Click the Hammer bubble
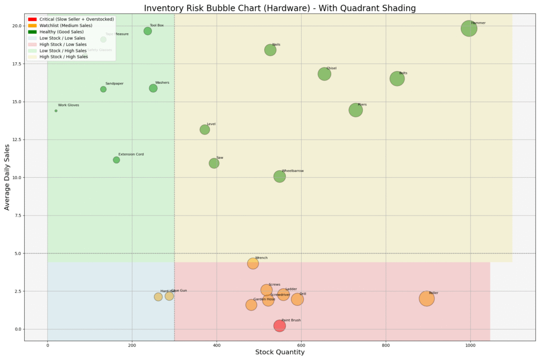tap(469, 29)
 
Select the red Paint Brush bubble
tap(279, 326)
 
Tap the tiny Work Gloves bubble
tap(56, 111)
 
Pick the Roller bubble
tap(427, 299)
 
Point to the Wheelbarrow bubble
tap(279, 177)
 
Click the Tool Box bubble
tap(148, 31)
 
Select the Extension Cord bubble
tap(116, 160)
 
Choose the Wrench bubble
tap(253, 264)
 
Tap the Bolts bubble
tap(397, 79)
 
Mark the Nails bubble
tap(271, 50)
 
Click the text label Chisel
tap(331, 69)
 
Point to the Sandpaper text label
tap(114, 84)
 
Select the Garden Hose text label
tap(264, 299)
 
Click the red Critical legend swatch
tap(32, 19)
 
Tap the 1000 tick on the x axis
tap(470, 346)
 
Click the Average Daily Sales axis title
tap(7, 177)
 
